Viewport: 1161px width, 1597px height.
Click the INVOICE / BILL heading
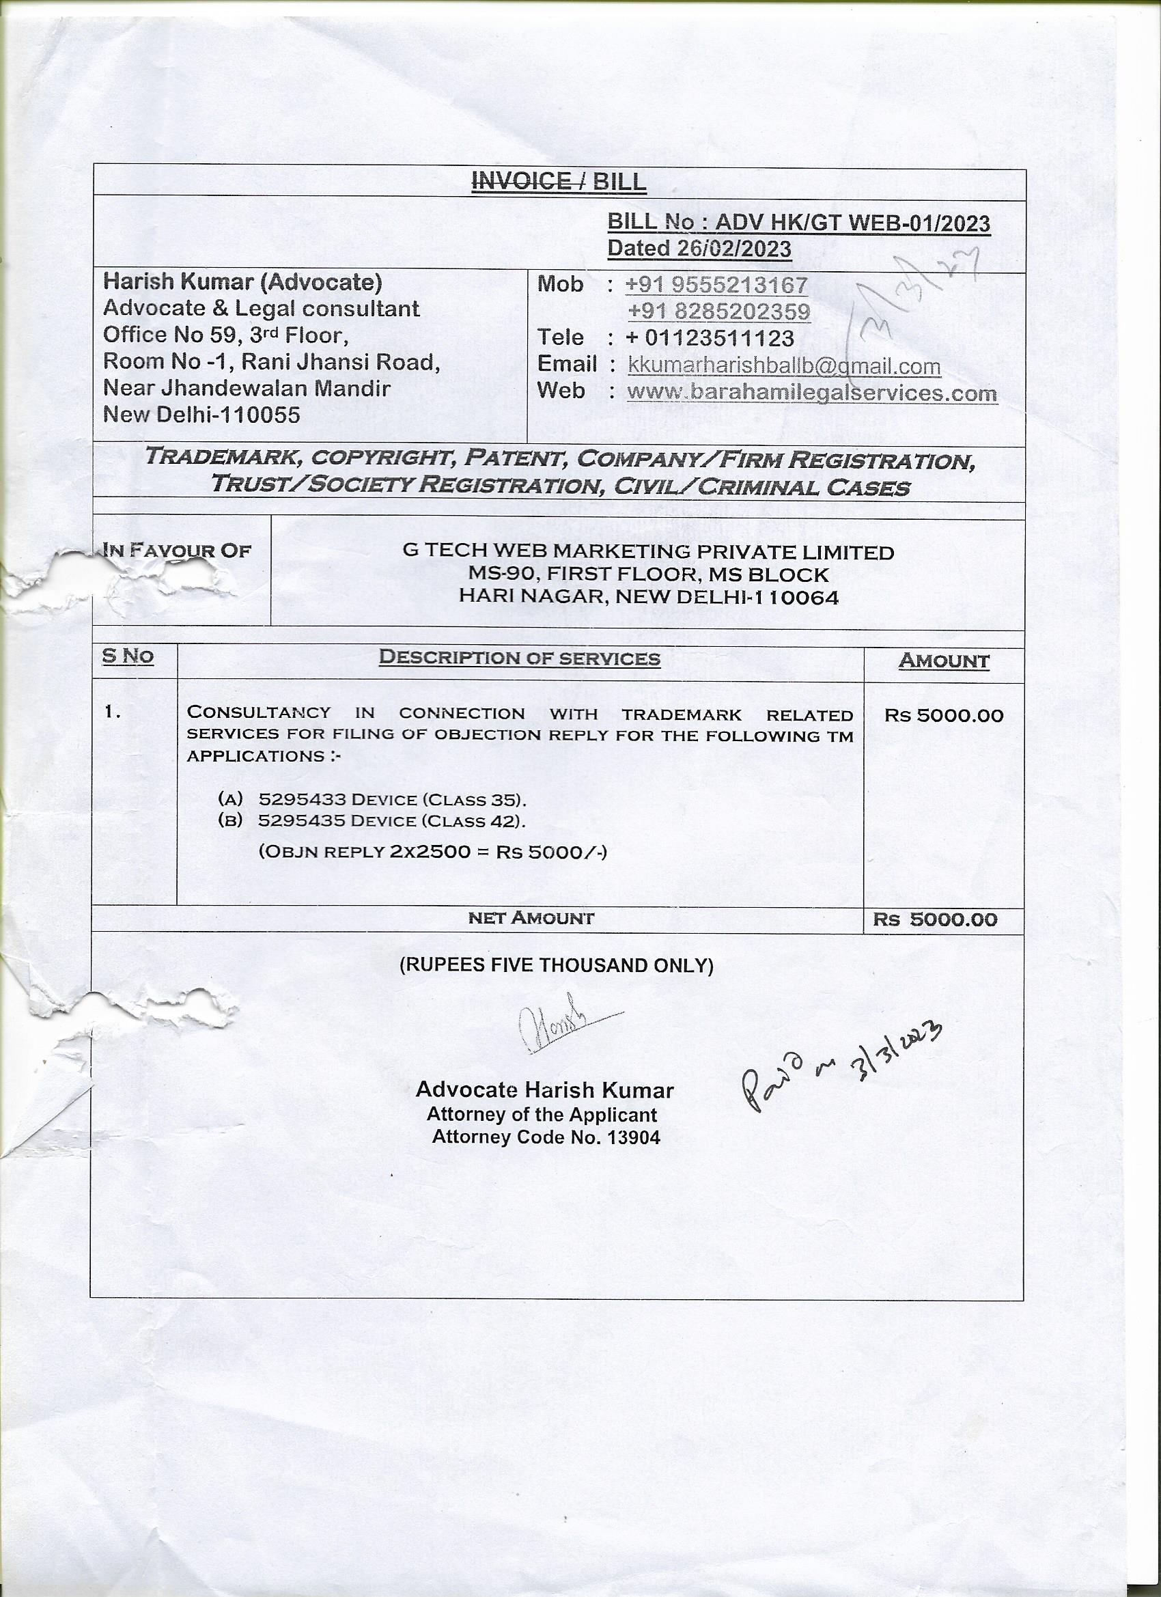(x=559, y=182)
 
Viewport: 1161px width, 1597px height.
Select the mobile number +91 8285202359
(x=719, y=311)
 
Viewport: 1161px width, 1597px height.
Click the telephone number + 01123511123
(x=710, y=338)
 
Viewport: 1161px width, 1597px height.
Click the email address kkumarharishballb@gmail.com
(x=783, y=366)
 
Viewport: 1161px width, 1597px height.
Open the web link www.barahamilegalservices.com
(x=812, y=392)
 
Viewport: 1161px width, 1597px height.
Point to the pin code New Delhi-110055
(x=201, y=414)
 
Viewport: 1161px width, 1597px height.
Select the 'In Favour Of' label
(x=177, y=550)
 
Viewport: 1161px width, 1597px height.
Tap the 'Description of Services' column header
(x=520, y=658)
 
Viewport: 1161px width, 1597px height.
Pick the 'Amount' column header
(x=943, y=661)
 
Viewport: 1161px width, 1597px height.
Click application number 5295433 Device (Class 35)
(x=392, y=799)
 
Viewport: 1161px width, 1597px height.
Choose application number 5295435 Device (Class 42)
(x=391, y=820)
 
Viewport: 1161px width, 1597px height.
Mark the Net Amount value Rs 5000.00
(x=935, y=919)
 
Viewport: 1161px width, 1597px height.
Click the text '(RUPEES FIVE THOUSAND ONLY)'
(x=556, y=964)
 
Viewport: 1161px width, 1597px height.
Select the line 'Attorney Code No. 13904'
(x=546, y=1137)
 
